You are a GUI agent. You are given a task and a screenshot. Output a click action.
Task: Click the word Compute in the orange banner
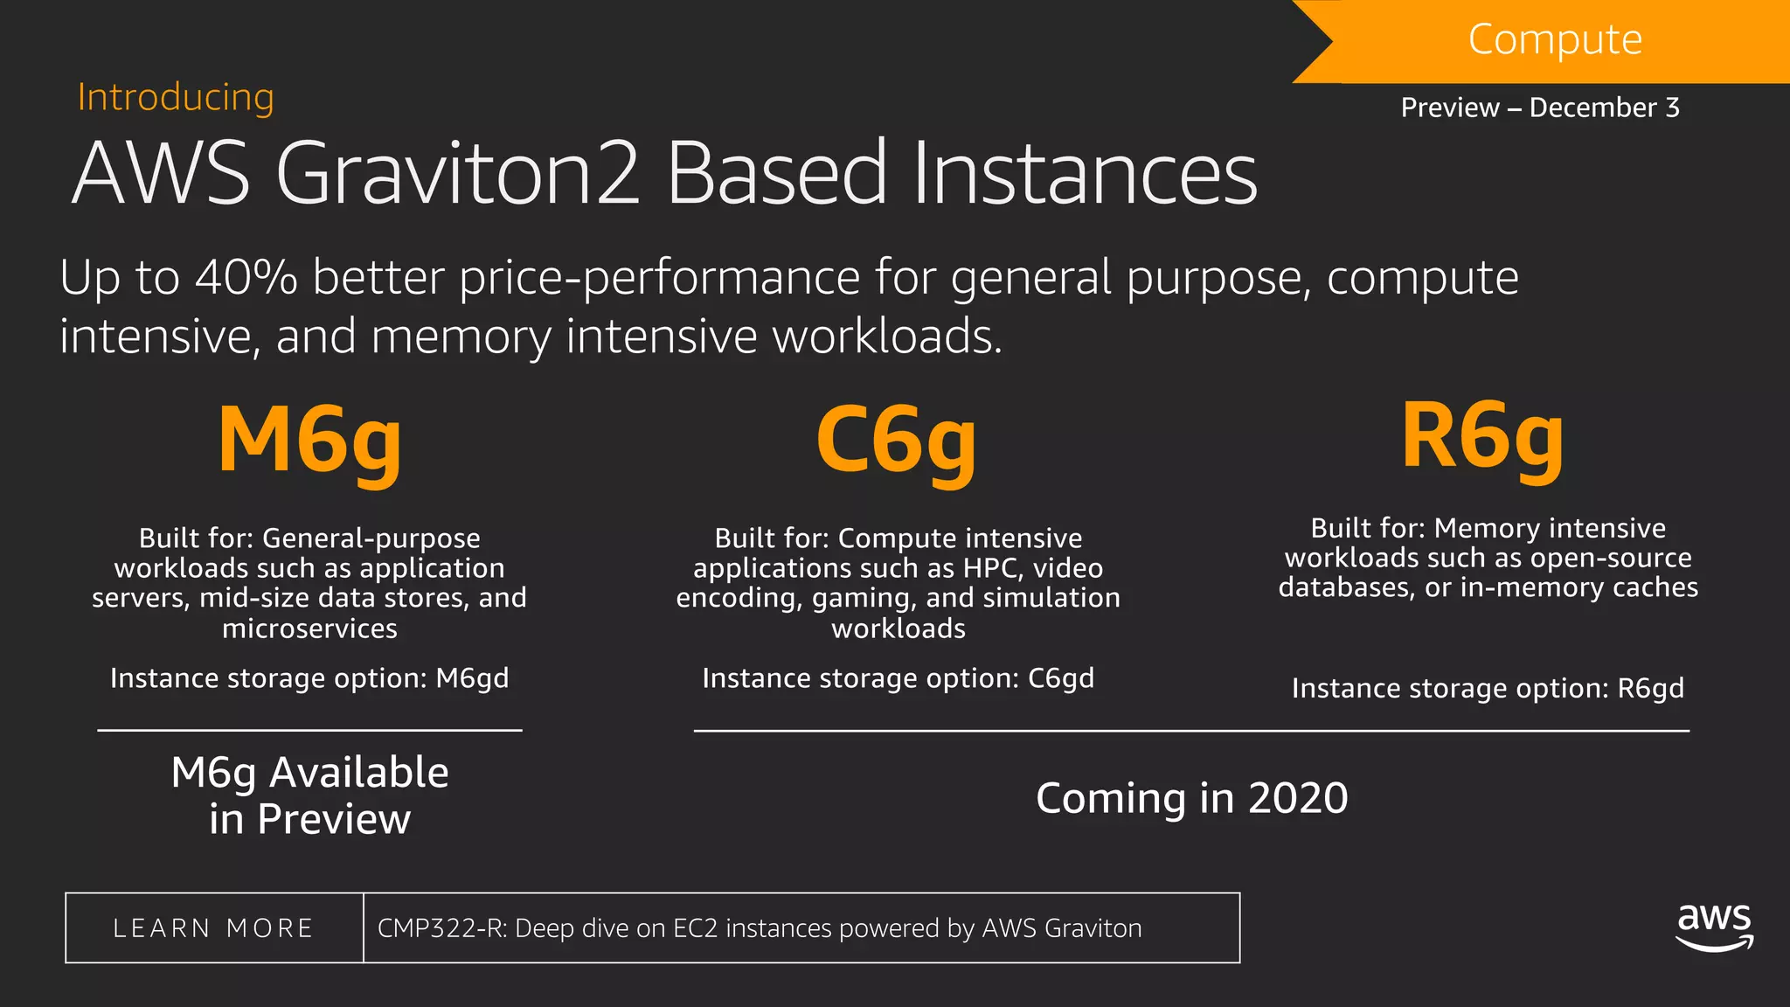pyautogui.click(x=1555, y=39)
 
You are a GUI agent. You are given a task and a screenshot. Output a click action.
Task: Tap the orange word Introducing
pyautogui.click(x=176, y=97)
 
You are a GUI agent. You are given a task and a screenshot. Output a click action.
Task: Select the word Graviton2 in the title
pyautogui.click(x=459, y=174)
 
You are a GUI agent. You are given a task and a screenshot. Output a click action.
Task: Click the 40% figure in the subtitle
pyautogui.click(x=246, y=278)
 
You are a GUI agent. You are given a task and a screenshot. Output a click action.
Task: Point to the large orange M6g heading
pyautogui.click(x=309, y=441)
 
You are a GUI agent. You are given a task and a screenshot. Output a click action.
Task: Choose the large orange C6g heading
pyautogui.click(x=896, y=441)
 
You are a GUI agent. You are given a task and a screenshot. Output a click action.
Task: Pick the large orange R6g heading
pyautogui.click(x=1482, y=437)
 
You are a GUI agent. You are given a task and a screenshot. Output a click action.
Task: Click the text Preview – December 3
pyautogui.click(x=1540, y=108)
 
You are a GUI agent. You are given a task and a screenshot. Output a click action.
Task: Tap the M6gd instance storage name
pyautogui.click(x=472, y=678)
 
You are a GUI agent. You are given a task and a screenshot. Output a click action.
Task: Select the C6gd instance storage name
pyautogui.click(x=1060, y=678)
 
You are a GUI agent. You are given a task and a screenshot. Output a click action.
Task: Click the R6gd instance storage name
pyautogui.click(x=1650, y=689)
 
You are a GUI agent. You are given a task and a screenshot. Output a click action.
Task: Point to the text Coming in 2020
pyautogui.click(x=1191, y=798)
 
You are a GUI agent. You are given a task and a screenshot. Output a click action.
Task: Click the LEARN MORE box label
pyautogui.click(x=213, y=928)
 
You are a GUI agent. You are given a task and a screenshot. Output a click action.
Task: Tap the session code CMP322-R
pyautogui.click(x=441, y=928)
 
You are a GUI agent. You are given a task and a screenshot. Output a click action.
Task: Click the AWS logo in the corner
pyautogui.click(x=1714, y=927)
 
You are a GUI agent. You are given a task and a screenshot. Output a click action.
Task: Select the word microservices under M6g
pyautogui.click(x=309, y=629)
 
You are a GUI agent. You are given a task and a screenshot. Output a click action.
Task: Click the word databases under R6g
pyautogui.click(x=1346, y=587)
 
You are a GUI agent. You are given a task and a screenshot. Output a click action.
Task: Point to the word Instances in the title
pyautogui.click(x=1085, y=174)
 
